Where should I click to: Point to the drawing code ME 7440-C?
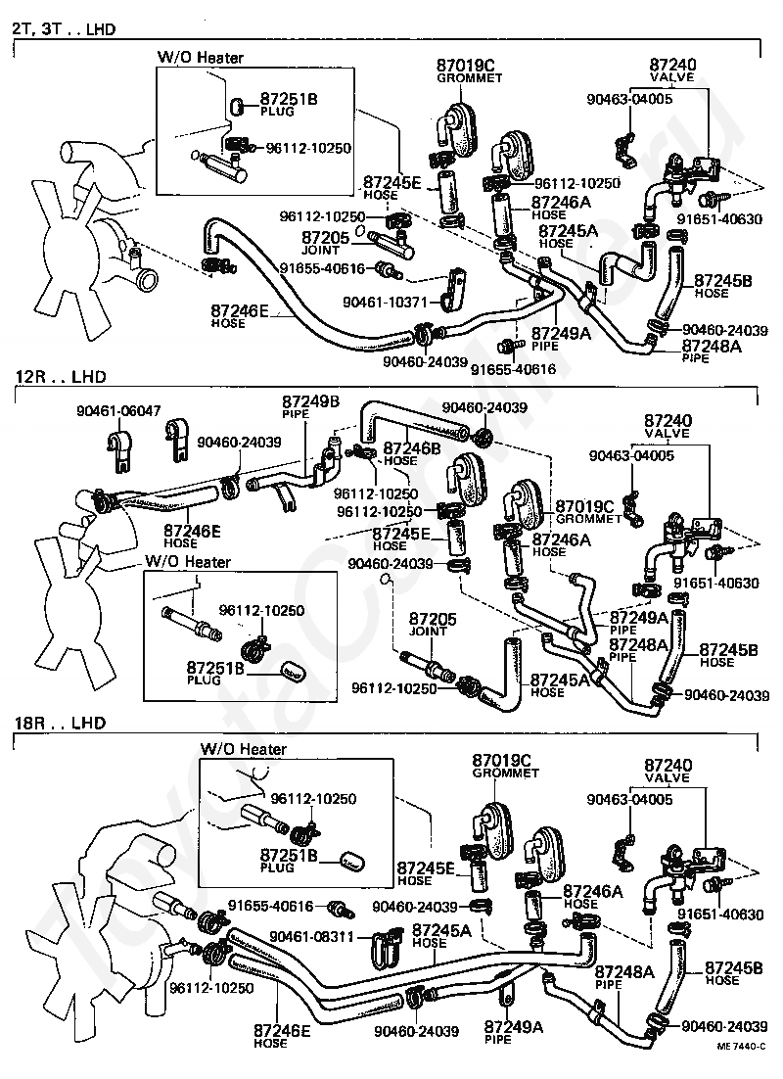(741, 1059)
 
